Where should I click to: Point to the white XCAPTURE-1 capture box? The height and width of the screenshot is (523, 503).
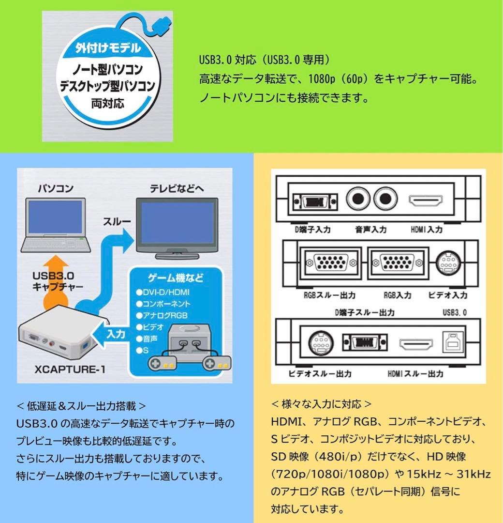click(53, 339)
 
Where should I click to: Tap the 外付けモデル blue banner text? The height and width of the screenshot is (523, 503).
click(108, 48)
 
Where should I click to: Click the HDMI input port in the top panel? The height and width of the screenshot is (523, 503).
click(426, 200)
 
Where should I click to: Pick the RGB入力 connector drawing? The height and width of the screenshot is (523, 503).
click(397, 263)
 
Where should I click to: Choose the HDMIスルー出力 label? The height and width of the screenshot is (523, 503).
click(415, 373)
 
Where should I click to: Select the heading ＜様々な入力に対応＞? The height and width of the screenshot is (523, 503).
click(321, 403)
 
